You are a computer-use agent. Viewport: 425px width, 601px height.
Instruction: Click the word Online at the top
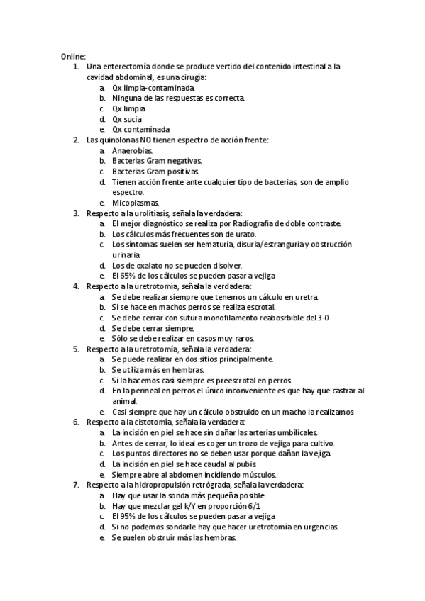point(72,55)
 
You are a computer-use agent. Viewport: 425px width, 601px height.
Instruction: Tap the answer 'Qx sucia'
point(127,120)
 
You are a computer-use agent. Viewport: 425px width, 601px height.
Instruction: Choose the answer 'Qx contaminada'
point(140,130)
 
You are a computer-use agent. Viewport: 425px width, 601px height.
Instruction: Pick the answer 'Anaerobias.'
point(132,151)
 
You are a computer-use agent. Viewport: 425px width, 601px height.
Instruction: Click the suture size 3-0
point(322,318)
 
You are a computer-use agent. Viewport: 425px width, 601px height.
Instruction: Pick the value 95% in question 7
point(126,517)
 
